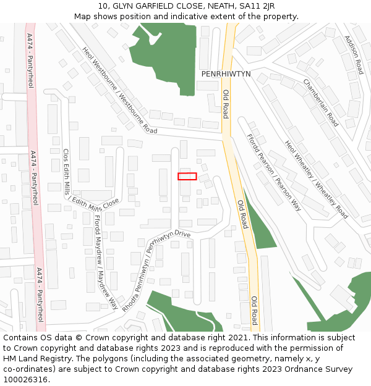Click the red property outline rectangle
coord(187,176)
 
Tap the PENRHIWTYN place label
coord(226,73)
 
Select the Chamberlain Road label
coord(320,103)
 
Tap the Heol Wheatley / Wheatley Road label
coord(316,180)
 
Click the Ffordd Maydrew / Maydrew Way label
coord(105,262)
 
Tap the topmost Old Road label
coord(226,104)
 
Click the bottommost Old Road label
coord(254,311)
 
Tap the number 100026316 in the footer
coord(25,379)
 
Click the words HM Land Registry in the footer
coord(32,358)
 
